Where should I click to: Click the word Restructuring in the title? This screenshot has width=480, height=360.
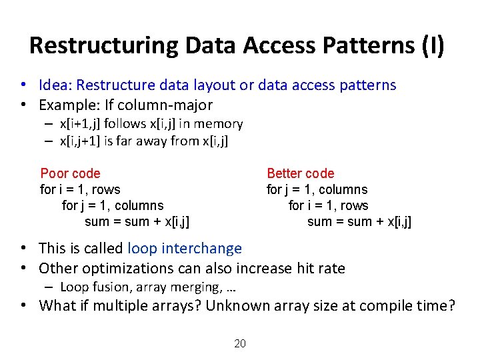tap(103, 45)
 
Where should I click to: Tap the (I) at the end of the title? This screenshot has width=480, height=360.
tap(430, 45)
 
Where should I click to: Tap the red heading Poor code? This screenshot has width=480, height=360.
tap(70, 173)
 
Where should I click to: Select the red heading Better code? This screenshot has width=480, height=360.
tap(301, 173)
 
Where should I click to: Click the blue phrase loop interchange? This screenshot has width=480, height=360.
tap(185, 249)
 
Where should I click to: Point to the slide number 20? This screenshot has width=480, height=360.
tap(240, 344)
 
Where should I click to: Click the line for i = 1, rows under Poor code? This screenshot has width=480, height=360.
tap(80, 189)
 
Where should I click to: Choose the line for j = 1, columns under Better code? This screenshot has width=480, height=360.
tap(317, 189)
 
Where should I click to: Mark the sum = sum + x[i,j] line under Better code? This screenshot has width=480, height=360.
tap(359, 221)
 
